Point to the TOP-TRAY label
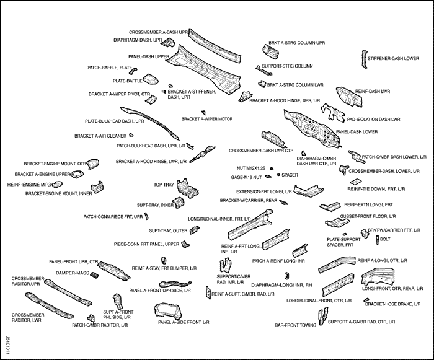click(x=164, y=185)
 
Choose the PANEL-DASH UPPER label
click(x=154, y=56)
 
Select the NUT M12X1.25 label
click(x=250, y=168)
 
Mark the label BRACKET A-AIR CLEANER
click(x=100, y=136)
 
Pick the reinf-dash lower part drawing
click(x=345, y=95)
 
